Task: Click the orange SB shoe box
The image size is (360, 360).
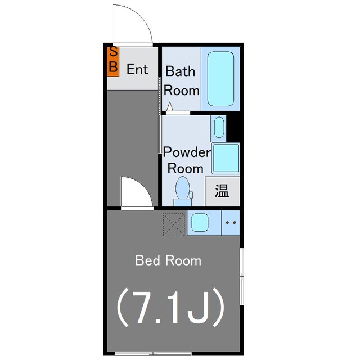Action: coord(113,61)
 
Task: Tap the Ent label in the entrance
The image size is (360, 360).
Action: coord(137,69)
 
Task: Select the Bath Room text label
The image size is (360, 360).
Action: coord(181,80)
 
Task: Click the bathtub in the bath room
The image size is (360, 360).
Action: coord(220,79)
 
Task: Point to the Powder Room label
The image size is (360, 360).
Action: coord(186,160)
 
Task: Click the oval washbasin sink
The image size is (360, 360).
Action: coord(219,127)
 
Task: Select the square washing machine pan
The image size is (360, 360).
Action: coord(226,158)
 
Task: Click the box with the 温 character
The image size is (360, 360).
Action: coord(222,191)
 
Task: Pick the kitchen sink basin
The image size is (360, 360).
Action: coord(200,223)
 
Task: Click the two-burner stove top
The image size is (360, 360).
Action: coord(231,223)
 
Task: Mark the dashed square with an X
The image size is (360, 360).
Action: coord(174,224)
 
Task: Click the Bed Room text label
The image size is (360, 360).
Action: coord(168,260)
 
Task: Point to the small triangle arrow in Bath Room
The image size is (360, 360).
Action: coord(170,106)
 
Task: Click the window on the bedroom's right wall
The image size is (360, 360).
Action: coord(241,276)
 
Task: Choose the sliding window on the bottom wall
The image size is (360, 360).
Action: coord(153,354)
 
